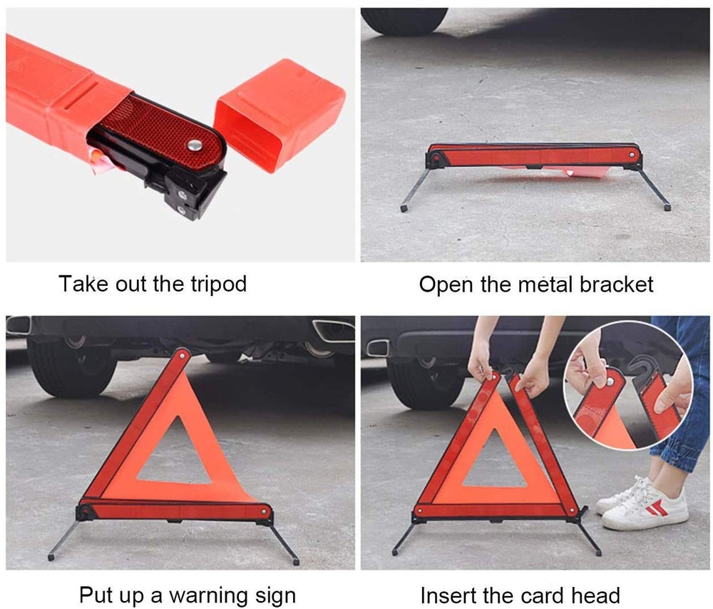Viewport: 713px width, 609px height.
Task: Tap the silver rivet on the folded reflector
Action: coord(195,145)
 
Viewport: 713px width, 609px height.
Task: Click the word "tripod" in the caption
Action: coord(214,285)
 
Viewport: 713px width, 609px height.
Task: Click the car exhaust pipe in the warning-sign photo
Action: coord(333,330)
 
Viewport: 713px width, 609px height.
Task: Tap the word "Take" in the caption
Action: coord(82,285)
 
